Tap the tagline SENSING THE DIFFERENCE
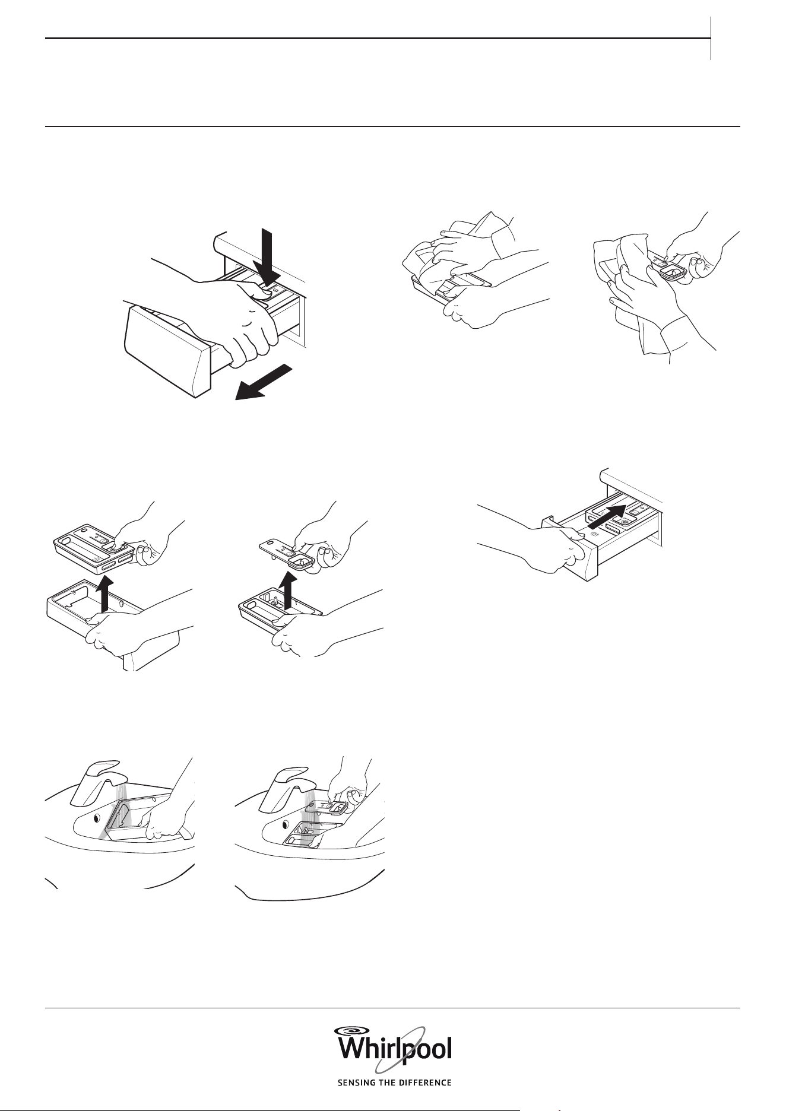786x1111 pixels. click(394, 1083)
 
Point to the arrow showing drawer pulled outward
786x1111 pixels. click(264, 383)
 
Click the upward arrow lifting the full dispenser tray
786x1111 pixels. click(104, 595)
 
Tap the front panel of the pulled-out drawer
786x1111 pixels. click(164, 351)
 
